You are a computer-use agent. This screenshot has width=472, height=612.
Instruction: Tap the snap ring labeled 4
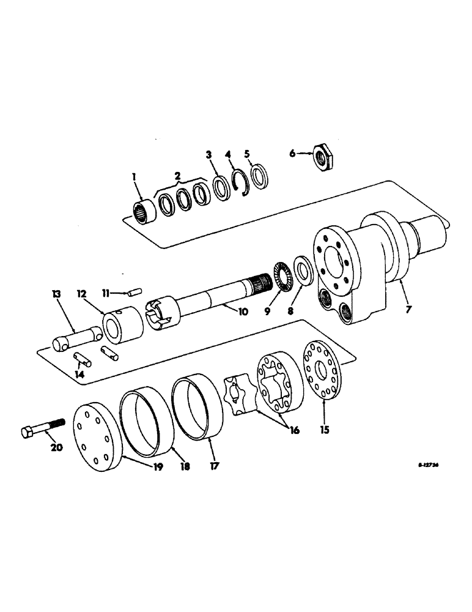240,184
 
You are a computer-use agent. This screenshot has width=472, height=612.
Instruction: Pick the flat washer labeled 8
302,269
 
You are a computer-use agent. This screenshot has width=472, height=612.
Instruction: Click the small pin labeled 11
135,291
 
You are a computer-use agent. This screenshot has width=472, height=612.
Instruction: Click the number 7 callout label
408,309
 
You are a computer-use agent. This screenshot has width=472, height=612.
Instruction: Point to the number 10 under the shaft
243,312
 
